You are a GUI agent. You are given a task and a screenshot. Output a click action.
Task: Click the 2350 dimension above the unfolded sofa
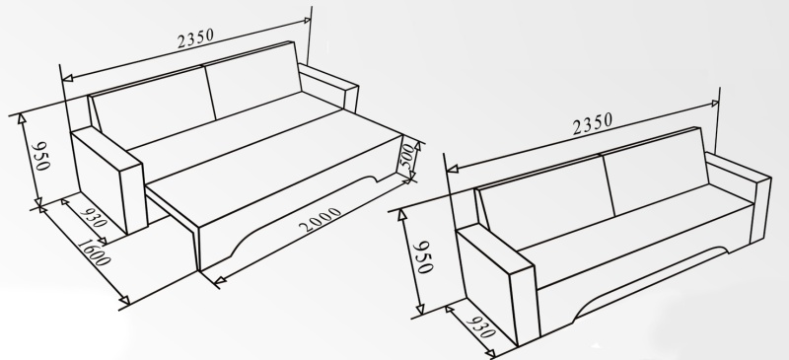click(x=195, y=38)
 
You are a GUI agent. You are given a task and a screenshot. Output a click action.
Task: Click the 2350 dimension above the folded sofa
click(x=593, y=123)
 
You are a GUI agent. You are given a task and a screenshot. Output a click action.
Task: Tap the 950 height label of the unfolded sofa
click(x=40, y=156)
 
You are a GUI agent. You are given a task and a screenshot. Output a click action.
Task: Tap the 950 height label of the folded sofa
click(x=423, y=257)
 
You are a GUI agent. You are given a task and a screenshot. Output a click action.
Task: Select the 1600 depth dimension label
click(x=94, y=252)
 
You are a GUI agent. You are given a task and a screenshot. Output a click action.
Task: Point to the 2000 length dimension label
click(x=320, y=220)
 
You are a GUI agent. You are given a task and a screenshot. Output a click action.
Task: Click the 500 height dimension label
click(x=408, y=157)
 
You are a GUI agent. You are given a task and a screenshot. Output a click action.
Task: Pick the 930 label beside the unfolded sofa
click(x=93, y=215)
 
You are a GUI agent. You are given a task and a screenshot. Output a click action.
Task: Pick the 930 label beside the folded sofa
click(x=481, y=326)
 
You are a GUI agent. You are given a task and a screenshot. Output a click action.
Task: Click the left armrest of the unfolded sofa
click(x=109, y=179)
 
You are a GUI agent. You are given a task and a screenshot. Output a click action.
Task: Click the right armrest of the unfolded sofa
click(x=328, y=86)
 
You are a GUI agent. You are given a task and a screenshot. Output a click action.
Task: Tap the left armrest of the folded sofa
click(x=497, y=283)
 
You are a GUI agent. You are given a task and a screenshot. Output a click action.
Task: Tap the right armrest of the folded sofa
click(x=739, y=196)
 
